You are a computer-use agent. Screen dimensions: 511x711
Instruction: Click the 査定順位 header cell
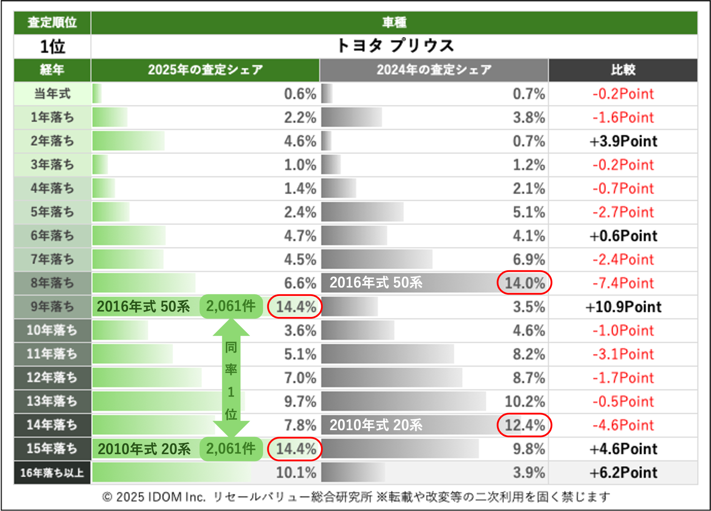52,22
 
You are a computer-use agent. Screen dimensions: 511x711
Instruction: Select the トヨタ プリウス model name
394,46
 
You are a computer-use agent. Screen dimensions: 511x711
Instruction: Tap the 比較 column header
623,70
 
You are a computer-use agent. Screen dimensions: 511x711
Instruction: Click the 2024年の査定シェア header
434,70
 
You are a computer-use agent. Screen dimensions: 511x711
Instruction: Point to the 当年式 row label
52,93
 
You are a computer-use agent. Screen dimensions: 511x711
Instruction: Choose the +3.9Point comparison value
623,141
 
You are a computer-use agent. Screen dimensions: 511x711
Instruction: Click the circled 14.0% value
524,283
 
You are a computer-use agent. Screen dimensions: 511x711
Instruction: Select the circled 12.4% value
524,425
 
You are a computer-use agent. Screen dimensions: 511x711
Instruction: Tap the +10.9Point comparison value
623,307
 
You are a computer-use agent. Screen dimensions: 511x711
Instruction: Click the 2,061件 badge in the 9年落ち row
231,306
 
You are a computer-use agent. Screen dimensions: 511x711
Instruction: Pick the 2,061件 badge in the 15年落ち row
231,449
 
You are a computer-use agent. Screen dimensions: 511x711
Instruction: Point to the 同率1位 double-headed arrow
231,377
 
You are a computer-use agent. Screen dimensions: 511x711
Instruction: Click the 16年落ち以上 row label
52,472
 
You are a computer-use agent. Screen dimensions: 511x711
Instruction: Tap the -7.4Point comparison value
623,283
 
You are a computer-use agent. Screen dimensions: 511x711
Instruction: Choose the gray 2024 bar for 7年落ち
376,259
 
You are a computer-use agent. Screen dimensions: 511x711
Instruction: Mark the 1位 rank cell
52,47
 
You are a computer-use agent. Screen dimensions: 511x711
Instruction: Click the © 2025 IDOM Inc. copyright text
154,497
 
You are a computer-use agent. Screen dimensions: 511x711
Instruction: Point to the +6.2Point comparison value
623,472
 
